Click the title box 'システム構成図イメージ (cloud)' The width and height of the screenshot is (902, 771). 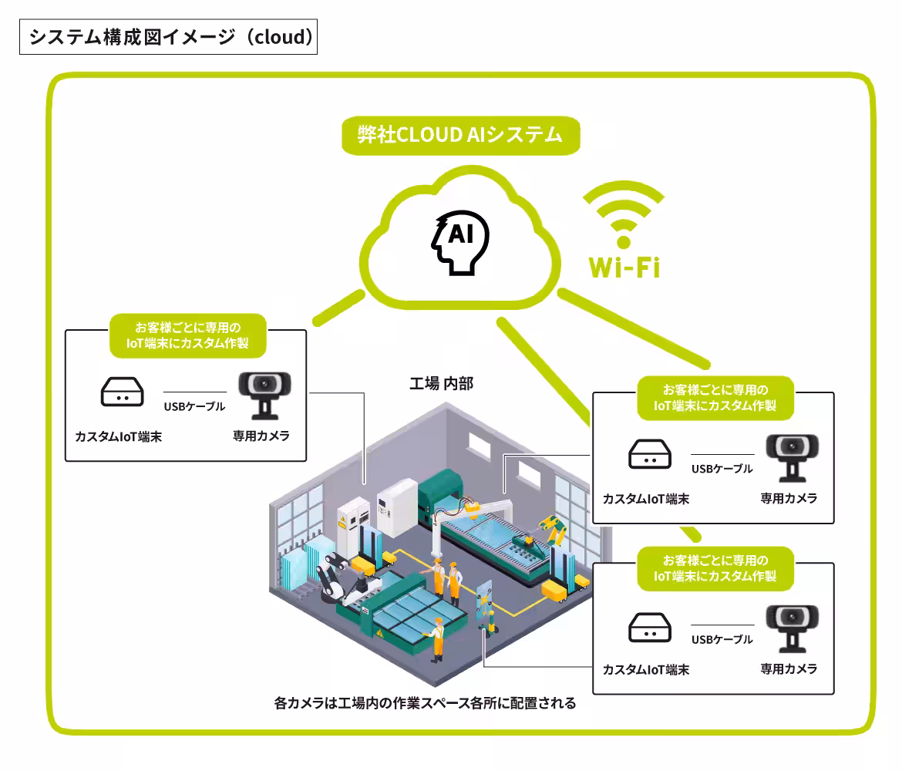click(x=169, y=37)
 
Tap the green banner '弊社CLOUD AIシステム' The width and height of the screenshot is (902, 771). click(x=461, y=136)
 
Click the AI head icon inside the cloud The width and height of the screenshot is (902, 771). click(x=460, y=242)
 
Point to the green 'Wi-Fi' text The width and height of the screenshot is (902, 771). click(x=624, y=268)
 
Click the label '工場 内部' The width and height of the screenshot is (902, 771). click(x=441, y=383)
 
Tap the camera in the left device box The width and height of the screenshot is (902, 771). click(x=264, y=396)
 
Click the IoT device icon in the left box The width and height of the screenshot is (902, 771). click(x=122, y=392)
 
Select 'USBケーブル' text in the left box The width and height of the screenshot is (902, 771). click(x=194, y=406)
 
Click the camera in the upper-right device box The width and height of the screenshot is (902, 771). click(x=792, y=458)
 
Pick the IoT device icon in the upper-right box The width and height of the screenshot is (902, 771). click(x=649, y=454)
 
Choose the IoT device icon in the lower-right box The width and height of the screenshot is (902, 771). click(x=649, y=627)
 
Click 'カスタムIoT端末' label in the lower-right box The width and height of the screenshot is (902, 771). click(x=646, y=670)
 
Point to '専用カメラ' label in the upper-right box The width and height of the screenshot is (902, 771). click(x=789, y=498)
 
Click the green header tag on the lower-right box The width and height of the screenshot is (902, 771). click(x=715, y=568)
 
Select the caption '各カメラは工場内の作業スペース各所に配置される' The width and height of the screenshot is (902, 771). click(x=425, y=703)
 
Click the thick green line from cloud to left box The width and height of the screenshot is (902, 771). click(x=338, y=308)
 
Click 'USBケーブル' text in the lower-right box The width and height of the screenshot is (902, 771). click(x=722, y=639)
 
